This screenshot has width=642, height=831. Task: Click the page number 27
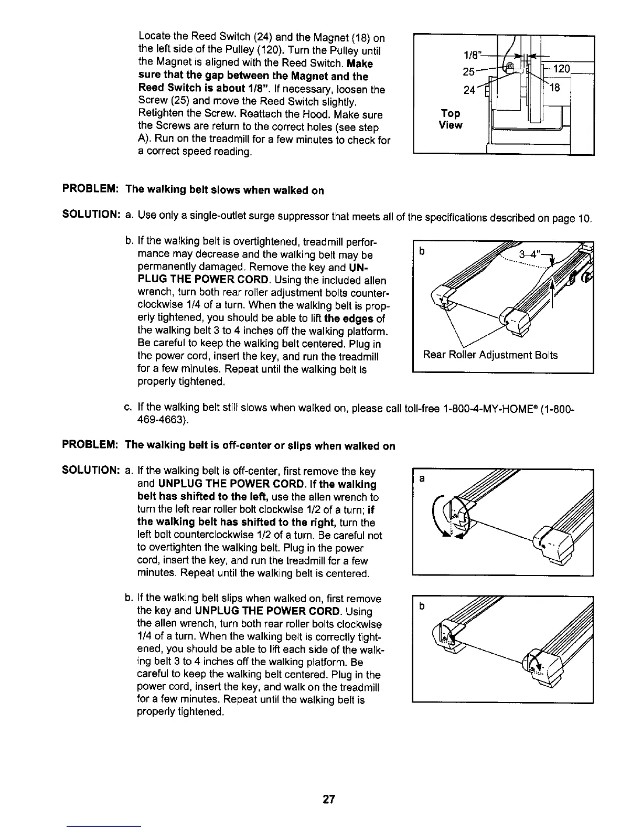(329, 800)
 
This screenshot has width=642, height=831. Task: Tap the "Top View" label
(451, 119)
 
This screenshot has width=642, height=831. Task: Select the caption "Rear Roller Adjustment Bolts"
(490, 355)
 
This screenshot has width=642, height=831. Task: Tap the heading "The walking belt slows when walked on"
(224, 190)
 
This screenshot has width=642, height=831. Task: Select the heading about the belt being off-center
(260, 446)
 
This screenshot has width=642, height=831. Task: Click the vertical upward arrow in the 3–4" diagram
(552, 292)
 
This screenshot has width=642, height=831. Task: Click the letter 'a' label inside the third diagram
(421, 478)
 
